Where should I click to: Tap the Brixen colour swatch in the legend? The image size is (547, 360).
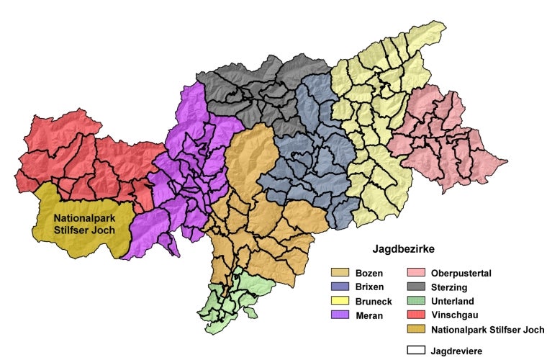[x=340, y=287]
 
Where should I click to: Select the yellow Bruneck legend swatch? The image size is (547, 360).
[x=340, y=301]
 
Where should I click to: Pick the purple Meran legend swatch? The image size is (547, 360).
[x=340, y=315]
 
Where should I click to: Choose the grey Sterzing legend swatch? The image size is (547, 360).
[x=417, y=287]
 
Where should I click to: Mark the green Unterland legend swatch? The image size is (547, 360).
[x=417, y=301]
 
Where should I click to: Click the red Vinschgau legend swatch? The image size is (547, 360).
[x=417, y=315]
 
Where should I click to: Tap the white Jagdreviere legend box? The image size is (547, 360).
[x=417, y=351]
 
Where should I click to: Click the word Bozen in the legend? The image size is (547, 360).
[x=369, y=274]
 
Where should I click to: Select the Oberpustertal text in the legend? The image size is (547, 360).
[x=461, y=274]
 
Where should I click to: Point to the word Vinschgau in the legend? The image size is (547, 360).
[x=454, y=315]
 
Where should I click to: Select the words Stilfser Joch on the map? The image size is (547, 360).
[x=84, y=230]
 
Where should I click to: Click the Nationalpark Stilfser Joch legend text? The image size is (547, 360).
[x=487, y=330]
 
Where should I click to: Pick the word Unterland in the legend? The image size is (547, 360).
[x=453, y=301]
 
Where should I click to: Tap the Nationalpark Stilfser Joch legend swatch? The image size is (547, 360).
[x=417, y=330]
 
